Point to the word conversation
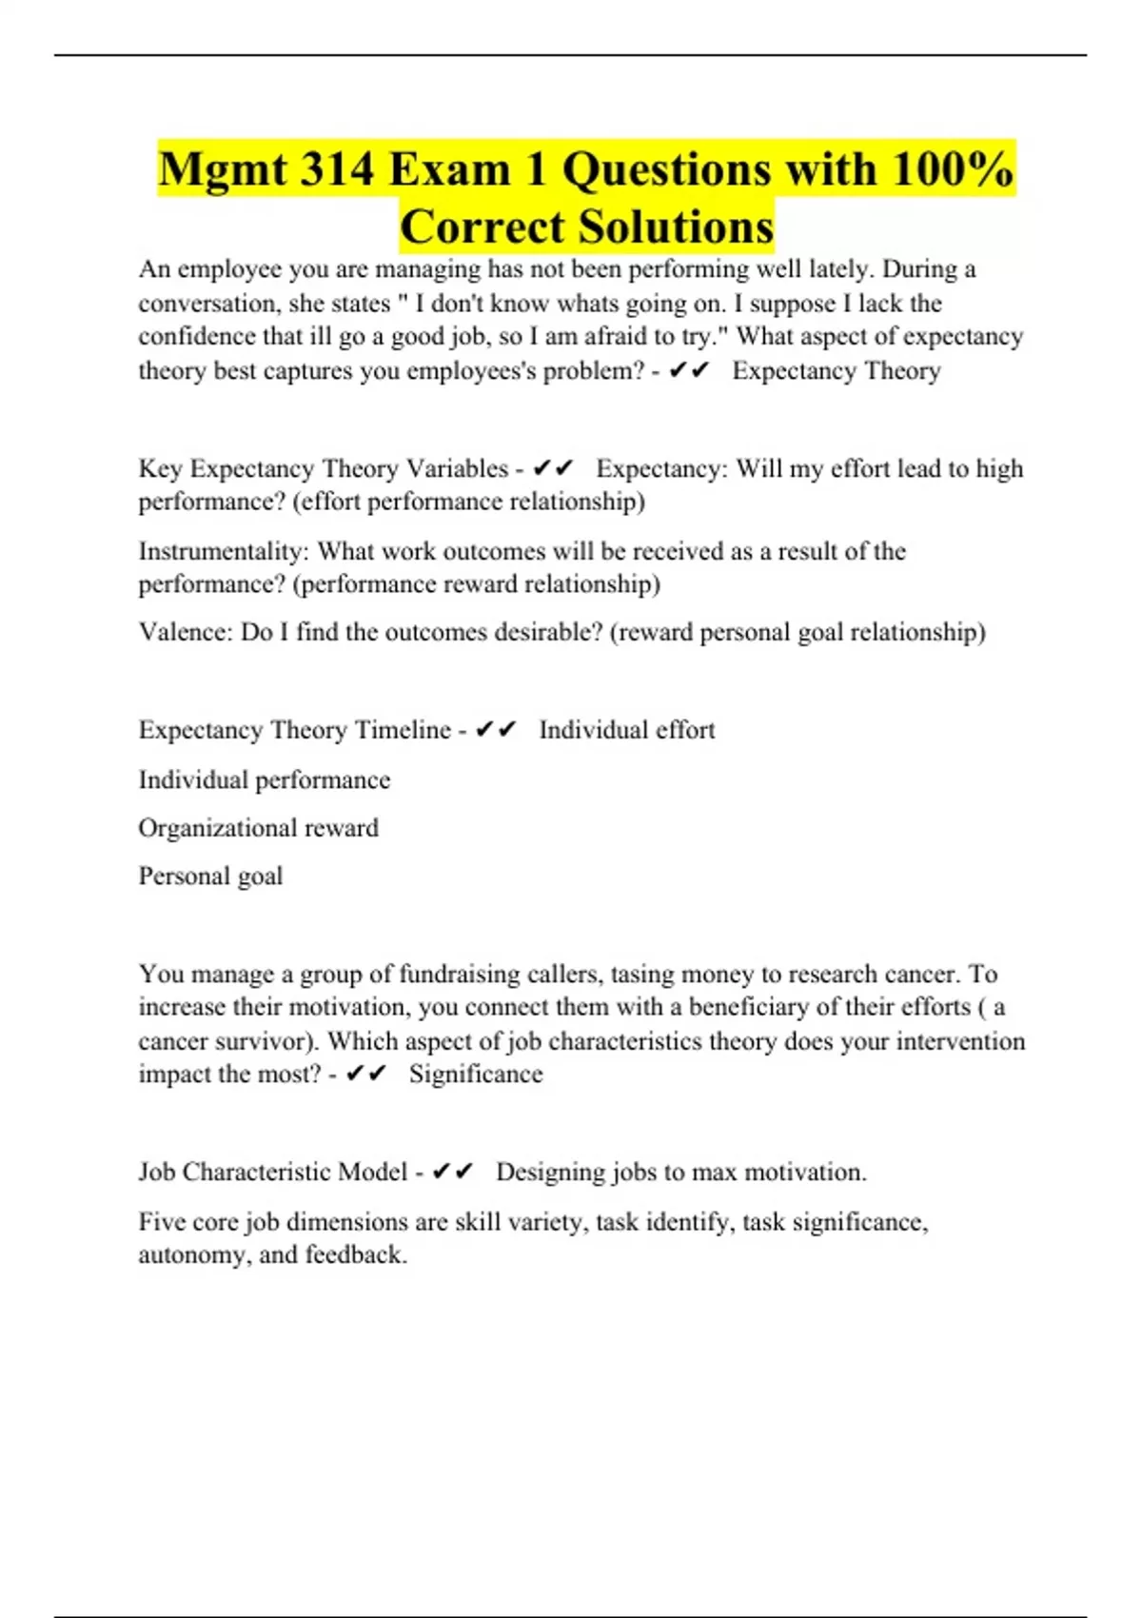point(209,304)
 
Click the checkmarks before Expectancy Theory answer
point(689,370)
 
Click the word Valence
point(182,632)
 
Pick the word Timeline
point(403,730)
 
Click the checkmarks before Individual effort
point(495,730)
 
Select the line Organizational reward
point(258,828)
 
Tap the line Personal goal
point(210,876)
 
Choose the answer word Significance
point(476,1074)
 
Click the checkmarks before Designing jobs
point(452,1172)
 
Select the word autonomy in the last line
point(191,1254)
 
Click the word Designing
point(550,1172)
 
